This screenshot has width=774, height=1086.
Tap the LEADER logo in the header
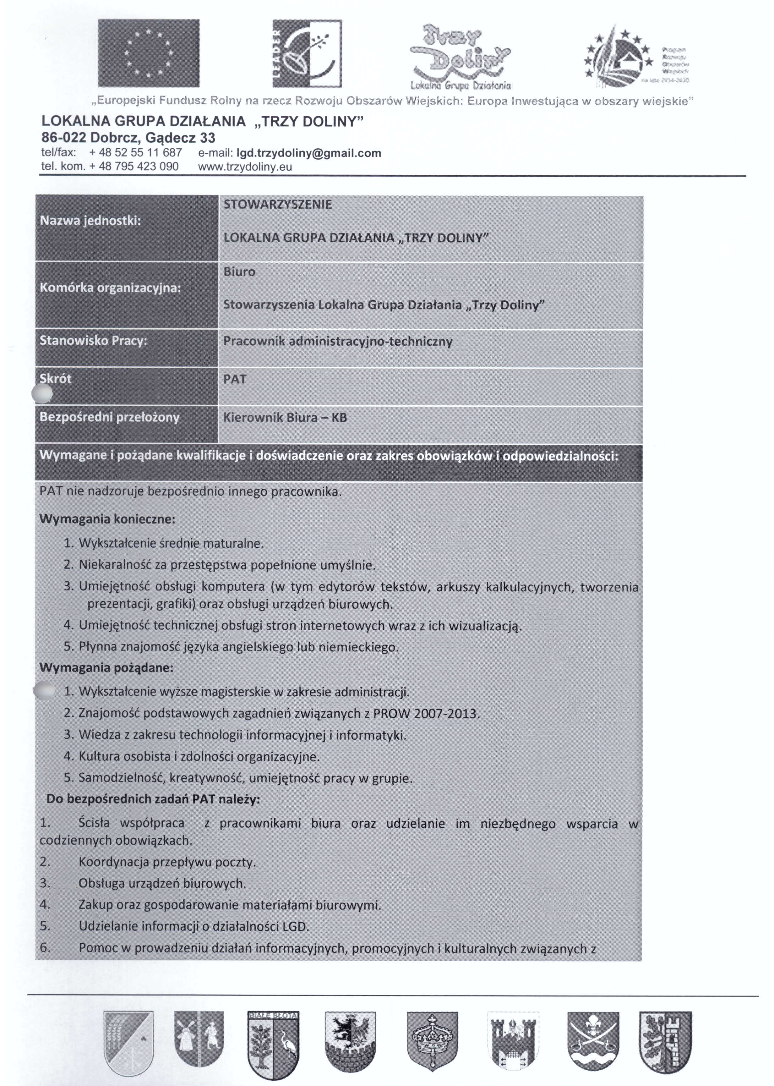(x=307, y=54)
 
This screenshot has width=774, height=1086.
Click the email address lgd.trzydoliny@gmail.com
(x=309, y=153)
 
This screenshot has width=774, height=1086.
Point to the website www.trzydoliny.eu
(x=244, y=167)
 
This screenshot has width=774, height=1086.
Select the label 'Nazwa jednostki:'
(x=90, y=221)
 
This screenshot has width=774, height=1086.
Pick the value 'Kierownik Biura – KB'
(x=285, y=418)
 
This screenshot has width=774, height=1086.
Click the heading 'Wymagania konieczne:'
(x=107, y=519)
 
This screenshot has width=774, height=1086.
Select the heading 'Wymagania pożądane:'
(x=106, y=667)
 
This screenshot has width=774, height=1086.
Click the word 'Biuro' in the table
(x=239, y=272)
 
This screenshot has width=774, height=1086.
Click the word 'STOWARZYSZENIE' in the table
(x=277, y=205)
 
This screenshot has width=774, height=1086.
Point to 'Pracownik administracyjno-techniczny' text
(x=337, y=341)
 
